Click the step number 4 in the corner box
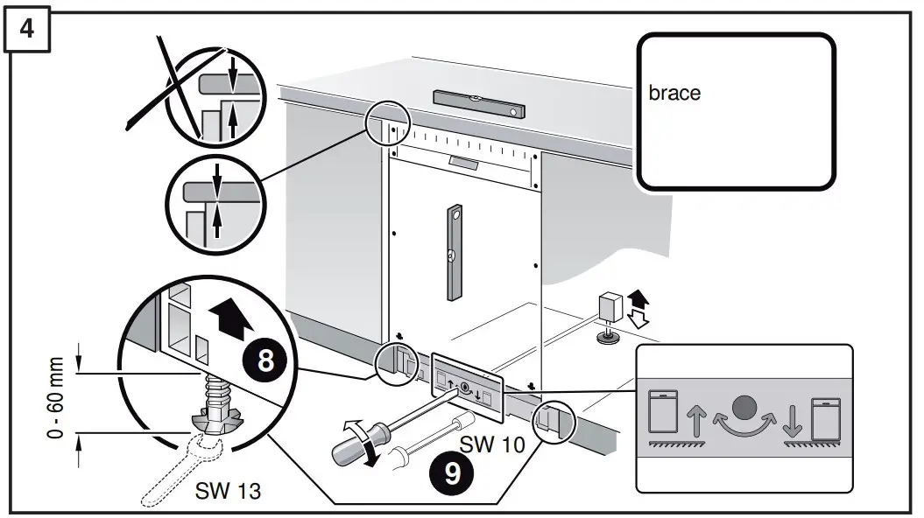point(27,28)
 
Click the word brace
point(674,93)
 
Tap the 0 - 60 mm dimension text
point(58,398)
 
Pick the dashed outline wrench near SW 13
point(185,465)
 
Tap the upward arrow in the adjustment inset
point(697,420)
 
